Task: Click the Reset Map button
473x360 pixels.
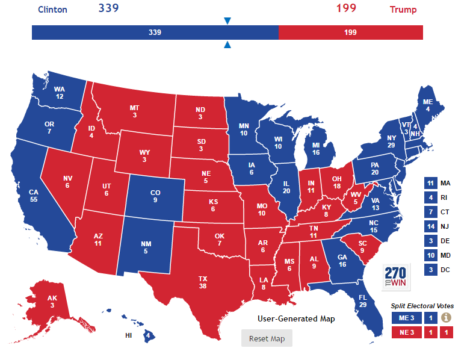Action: click(267, 338)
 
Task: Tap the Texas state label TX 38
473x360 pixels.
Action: click(202, 282)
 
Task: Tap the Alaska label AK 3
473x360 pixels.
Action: click(53, 302)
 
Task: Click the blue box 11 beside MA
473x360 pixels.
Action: click(430, 183)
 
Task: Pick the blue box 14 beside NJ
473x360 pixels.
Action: click(430, 226)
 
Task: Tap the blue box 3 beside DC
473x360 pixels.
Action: click(430, 270)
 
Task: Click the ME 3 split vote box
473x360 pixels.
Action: click(406, 318)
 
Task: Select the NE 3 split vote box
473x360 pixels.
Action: click(406, 332)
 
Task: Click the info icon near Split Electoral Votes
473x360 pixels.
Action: click(446, 318)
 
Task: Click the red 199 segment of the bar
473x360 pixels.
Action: click(351, 33)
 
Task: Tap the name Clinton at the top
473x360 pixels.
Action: click(52, 10)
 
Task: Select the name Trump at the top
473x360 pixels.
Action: click(403, 10)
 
